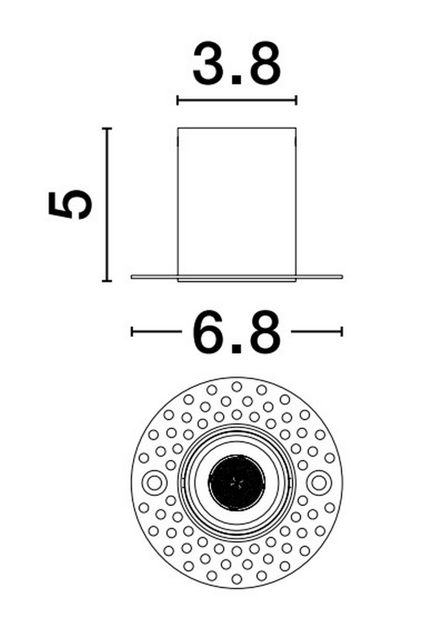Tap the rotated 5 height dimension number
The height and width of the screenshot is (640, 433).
70,204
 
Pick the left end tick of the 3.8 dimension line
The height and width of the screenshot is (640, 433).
178,100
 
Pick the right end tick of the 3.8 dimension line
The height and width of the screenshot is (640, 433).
296,100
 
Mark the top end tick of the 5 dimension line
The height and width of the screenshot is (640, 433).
107,129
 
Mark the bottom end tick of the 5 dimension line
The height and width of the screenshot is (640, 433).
107,281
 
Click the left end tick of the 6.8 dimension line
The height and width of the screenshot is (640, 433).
132,332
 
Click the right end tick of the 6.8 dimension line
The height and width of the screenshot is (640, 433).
341,332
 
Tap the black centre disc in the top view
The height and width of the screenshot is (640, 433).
237,482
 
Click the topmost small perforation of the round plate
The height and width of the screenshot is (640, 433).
237,386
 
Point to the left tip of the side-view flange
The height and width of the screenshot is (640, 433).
132,276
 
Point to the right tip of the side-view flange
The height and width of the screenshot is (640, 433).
341,276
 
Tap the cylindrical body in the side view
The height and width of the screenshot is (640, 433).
237,203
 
